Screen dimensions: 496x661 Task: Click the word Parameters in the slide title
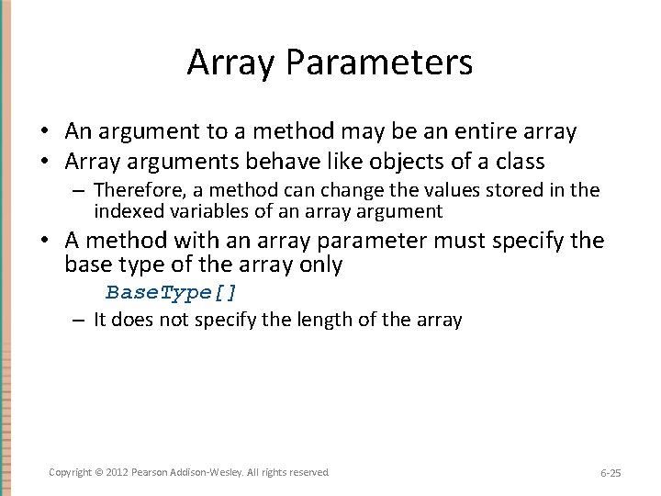click(x=379, y=62)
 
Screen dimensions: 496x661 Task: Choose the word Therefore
click(x=134, y=190)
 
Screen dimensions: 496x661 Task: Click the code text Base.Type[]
click(x=172, y=292)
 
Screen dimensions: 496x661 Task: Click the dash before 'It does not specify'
click(x=79, y=320)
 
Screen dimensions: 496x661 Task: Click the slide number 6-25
click(x=611, y=473)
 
